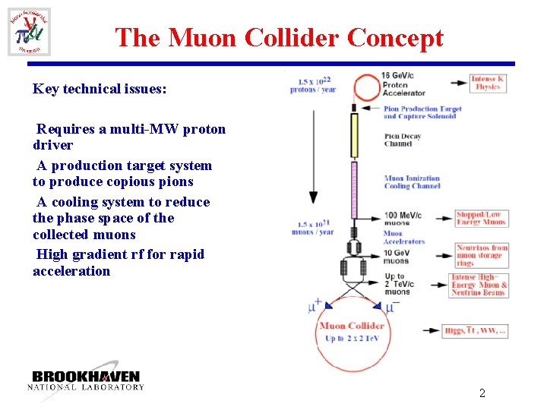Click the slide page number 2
[x=482, y=393]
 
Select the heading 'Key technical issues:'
[x=100, y=89]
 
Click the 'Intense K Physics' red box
[x=487, y=83]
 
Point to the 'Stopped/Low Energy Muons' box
[x=480, y=219]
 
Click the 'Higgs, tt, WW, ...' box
[x=476, y=330]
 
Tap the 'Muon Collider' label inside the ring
[x=356, y=326]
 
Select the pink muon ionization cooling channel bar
[x=353, y=188]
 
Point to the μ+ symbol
[x=315, y=307]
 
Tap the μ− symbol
[x=392, y=307]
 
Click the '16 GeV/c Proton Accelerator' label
[x=403, y=84]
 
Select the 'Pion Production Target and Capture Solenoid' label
[x=422, y=112]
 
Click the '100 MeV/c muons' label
[x=403, y=219]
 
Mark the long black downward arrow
[x=312, y=152]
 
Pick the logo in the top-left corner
[x=29, y=32]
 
